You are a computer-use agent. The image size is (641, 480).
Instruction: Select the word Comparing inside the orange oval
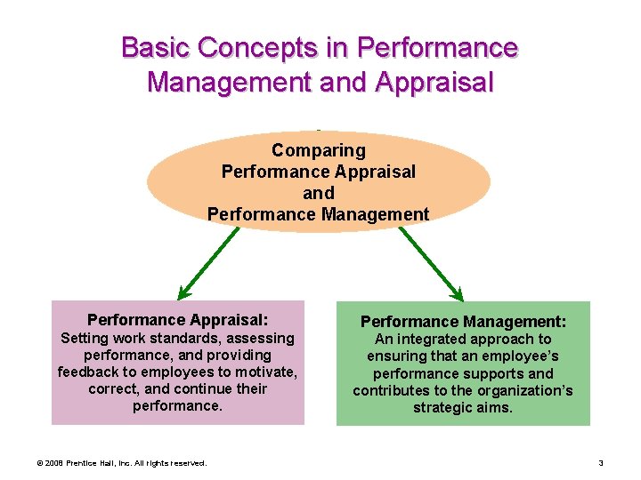click(x=318, y=150)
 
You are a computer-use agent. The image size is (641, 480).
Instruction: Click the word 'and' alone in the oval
click(x=318, y=193)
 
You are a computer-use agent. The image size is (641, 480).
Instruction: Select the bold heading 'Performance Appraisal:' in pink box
click(x=177, y=319)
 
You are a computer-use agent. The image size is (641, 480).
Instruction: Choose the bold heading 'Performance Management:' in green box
click(x=462, y=320)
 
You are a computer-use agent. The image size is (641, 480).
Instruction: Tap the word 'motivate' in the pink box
click(x=266, y=372)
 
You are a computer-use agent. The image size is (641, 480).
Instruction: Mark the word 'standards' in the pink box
click(x=191, y=338)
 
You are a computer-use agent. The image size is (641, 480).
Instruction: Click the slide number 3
click(x=601, y=462)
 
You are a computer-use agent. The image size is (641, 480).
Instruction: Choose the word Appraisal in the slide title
click(x=435, y=83)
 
